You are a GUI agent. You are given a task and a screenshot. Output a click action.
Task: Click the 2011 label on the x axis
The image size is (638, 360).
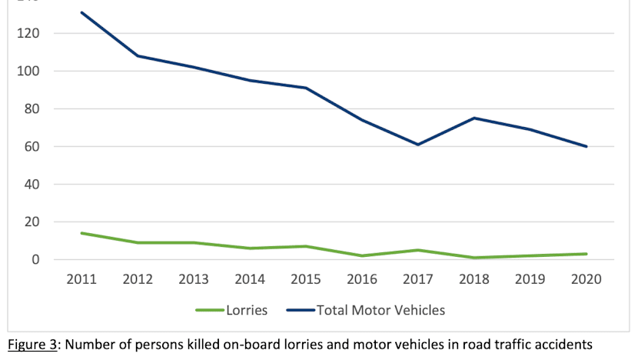pos(81,279)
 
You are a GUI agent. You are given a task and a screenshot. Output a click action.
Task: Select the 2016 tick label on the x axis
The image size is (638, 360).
pos(362,279)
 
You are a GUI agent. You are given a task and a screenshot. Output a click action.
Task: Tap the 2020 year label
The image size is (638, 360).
pos(587,279)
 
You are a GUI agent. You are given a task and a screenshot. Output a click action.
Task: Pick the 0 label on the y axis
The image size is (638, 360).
pos(35,260)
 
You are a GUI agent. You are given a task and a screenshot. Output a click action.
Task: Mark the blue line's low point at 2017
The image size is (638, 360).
pos(418,145)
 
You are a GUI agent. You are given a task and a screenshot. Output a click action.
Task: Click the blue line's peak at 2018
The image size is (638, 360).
pos(474,118)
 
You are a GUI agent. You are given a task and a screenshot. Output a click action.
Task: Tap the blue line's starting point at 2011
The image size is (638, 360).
pos(81,12)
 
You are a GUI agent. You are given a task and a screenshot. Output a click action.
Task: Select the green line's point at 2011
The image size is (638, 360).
pos(81,233)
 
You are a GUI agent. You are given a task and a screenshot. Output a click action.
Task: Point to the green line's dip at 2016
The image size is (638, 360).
pos(362,256)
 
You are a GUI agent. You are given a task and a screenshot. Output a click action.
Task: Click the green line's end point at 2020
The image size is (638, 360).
pos(587,254)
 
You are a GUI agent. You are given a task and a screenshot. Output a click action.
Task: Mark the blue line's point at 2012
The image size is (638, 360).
pos(138,55)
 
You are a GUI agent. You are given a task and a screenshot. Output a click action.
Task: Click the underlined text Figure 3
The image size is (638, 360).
pos(32,345)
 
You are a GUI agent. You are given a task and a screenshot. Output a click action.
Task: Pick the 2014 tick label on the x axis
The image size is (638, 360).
pos(250,279)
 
